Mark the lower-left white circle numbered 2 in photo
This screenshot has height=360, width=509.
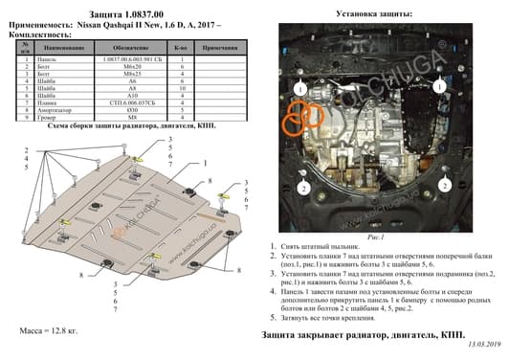point(302,189)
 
